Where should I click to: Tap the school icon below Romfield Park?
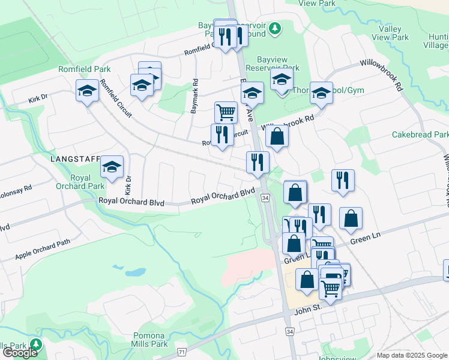click(x=87, y=92)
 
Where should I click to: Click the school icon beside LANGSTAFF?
click(x=112, y=168)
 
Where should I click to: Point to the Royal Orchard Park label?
click(x=80, y=182)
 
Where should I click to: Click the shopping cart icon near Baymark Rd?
click(x=226, y=112)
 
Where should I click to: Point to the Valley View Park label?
click(x=390, y=33)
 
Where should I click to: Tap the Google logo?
click(x=20, y=352)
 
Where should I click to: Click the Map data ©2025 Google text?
click(x=412, y=355)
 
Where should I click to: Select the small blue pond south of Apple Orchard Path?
click(x=137, y=272)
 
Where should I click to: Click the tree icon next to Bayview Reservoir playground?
click(x=275, y=28)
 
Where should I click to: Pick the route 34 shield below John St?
click(x=290, y=331)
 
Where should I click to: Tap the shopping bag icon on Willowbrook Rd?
click(x=277, y=136)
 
